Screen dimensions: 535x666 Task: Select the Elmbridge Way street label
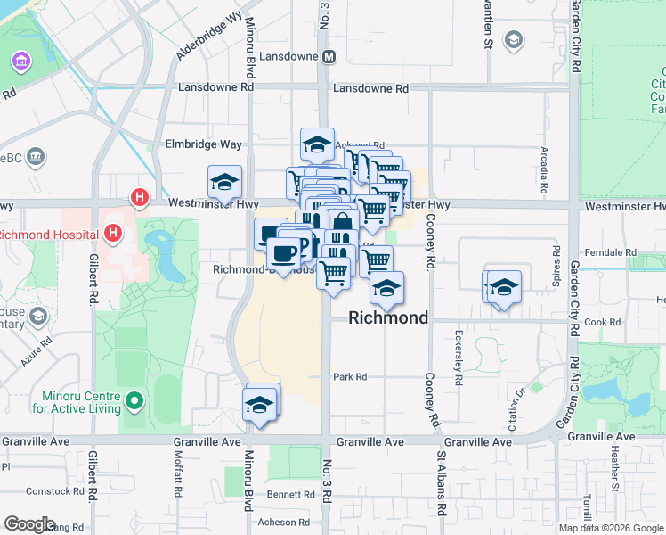(203, 144)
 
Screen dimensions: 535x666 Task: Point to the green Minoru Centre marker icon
(134, 402)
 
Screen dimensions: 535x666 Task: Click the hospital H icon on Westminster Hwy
(138, 196)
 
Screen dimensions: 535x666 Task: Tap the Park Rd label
(350, 377)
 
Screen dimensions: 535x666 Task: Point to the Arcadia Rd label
(541, 170)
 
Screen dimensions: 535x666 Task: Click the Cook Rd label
(602, 322)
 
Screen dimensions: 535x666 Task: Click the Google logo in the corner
(29, 524)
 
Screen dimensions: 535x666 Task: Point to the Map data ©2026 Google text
(610, 528)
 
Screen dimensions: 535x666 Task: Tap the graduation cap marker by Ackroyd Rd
(317, 143)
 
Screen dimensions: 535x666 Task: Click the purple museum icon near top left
(20, 62)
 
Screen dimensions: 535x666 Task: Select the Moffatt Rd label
(178, 479)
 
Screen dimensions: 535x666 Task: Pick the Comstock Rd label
(54, 491)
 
